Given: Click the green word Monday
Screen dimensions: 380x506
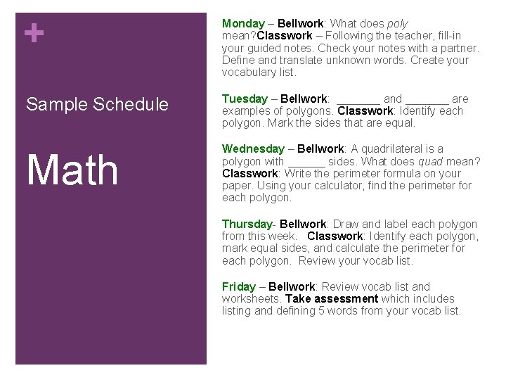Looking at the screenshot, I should coord(243,24).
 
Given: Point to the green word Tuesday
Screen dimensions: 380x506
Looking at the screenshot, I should coord(245,99).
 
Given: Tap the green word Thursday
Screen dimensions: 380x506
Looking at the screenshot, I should coord(247,224).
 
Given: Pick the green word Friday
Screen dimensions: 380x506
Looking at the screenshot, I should coord(239,286).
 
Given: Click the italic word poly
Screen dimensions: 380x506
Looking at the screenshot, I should coord(397,24).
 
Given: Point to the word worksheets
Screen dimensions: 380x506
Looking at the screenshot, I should coord(250,298).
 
